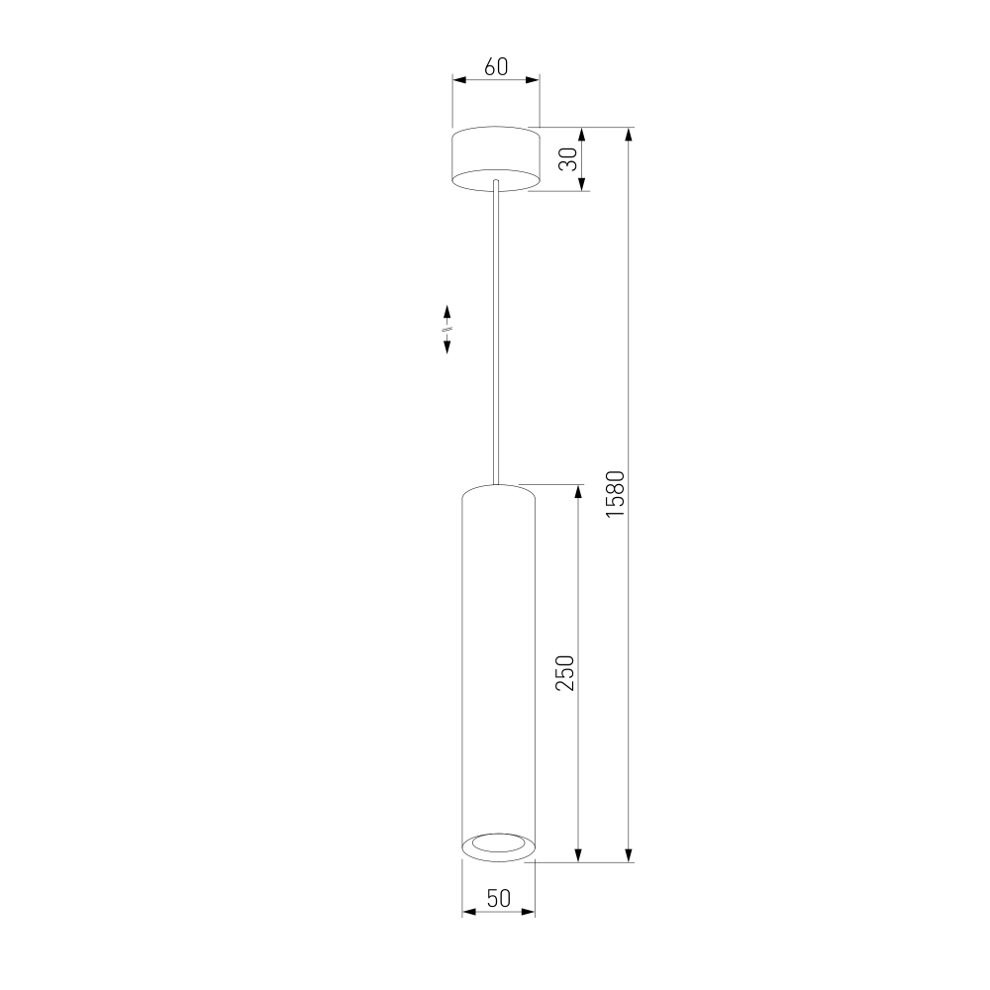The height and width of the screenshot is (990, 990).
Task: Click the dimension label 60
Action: coord(496,66)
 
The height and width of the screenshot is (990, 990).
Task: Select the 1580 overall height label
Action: coord(615,494)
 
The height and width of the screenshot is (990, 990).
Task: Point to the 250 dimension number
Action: coord(565,673)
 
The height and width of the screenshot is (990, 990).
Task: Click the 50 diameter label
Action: coord(499,898)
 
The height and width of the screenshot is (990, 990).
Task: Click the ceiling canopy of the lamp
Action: coord(496,158)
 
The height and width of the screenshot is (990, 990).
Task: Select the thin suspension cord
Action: coord(496,332)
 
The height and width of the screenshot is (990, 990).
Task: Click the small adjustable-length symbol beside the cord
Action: coord(447,329)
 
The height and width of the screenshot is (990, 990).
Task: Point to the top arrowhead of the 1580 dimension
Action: coord(629,135)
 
